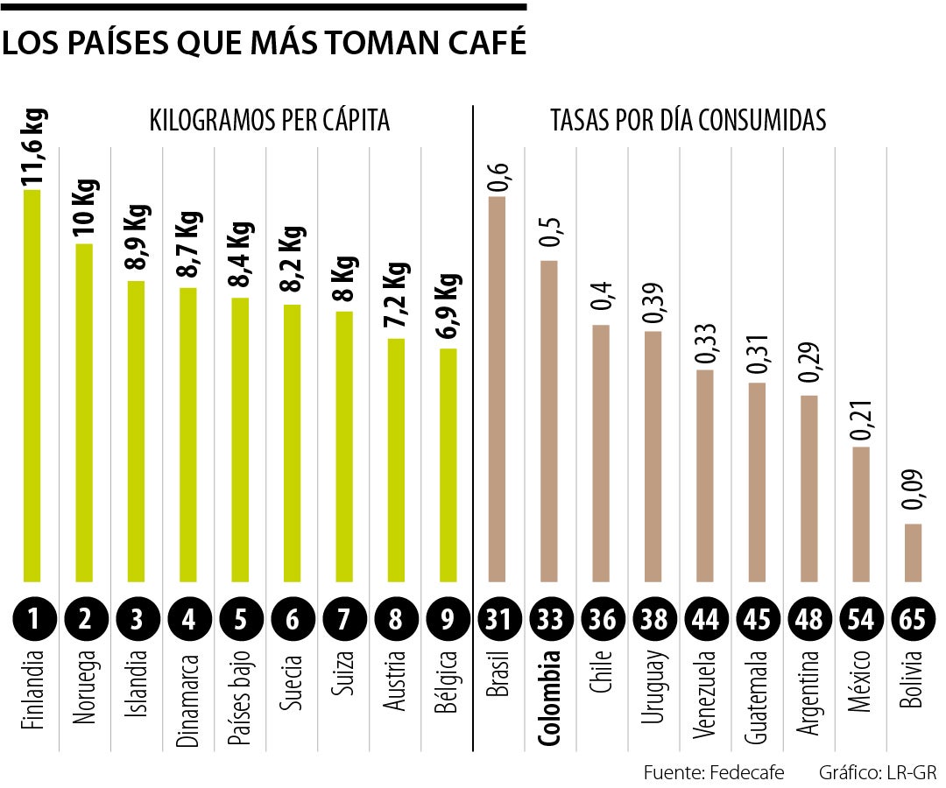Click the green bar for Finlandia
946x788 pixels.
[32, 385]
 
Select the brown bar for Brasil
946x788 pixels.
[497, 390]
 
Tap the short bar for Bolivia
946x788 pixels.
[913, 552]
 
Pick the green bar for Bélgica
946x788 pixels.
[448, 465]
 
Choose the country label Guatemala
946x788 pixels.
[757, 697]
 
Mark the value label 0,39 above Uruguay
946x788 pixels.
[653, 302]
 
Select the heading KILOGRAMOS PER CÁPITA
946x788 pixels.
[269, 120]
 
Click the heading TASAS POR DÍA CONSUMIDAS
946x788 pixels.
[688, 120]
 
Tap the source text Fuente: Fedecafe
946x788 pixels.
[713, 772]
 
